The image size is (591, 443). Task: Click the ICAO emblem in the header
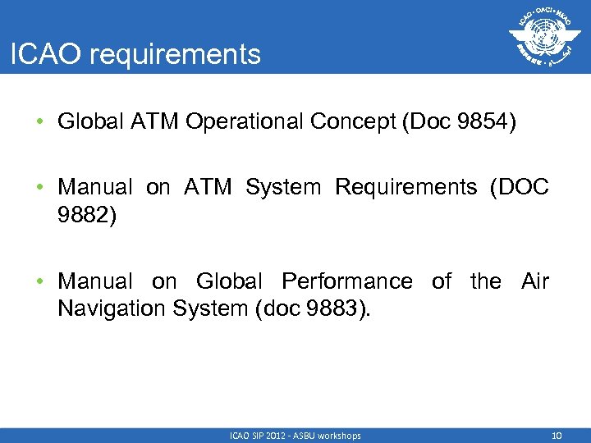coord(540,37)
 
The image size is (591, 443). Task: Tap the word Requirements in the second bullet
coord(405,188)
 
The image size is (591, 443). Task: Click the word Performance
coord(347,281)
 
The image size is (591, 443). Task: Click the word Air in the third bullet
coord(534,281)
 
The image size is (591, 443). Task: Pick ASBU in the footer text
coord(305,436)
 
